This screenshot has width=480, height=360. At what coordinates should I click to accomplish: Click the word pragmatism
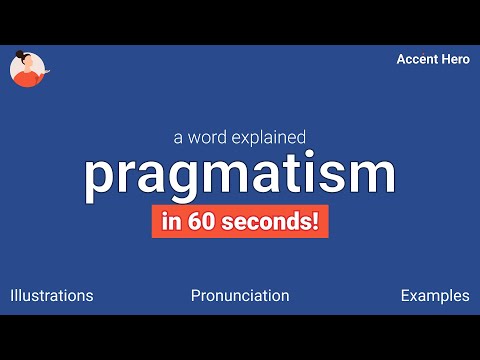[x=240, y=174]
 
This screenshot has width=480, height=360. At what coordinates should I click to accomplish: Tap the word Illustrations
[x=51, y=296]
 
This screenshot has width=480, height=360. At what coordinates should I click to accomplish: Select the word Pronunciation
[x=240, y=296]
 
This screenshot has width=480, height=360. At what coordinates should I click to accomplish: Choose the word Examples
[x=434, y=296]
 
